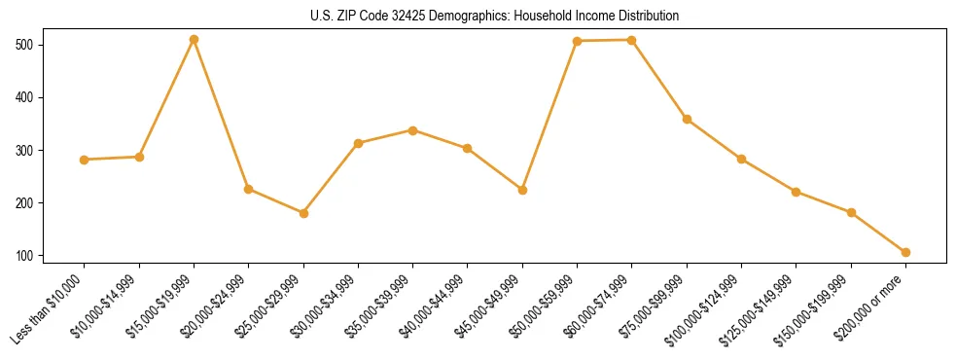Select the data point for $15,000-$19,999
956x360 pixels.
pyautogui.click(x=195, y=40)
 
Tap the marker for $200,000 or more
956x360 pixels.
pyautogui.click(x=905, y=252)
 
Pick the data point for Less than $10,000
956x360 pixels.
pyautogui.click(x=85, y=160)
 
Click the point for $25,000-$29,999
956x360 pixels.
pyautogui.click(x=303, y=213)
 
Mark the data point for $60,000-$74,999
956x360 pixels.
pyautogui.click(x=632, y=40)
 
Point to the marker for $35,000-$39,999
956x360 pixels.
pyautogui.click(x=413, y=130)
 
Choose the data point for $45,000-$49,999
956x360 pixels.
pyautogui.click(x=522, y=190)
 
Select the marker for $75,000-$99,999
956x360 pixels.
pyautogui.click(x=687, y=120)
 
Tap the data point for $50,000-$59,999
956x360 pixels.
pyautogui.click(x=577, y=41)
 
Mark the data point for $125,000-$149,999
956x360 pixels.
pyautogui.click(x=797, y=192)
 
